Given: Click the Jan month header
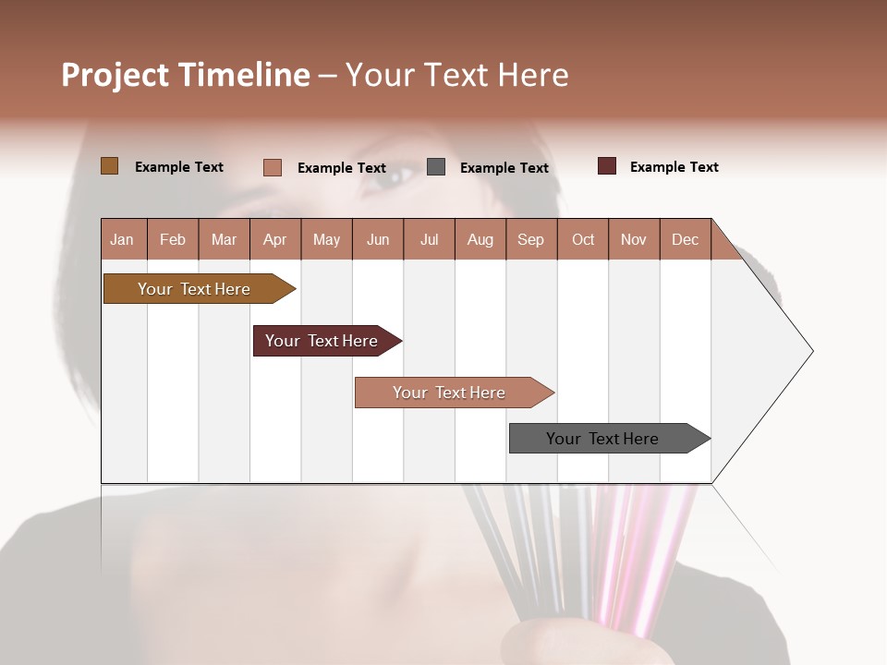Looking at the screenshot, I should (x=123, y=239).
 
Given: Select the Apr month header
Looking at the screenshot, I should (x=274, y=239).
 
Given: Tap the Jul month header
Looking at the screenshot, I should (x=429, y=239).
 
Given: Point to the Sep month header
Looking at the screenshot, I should (x=530, y=239).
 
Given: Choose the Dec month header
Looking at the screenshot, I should (x=685, y=239).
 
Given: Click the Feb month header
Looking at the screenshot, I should (x=173, y=239).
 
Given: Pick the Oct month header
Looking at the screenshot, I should (x=582, y=239).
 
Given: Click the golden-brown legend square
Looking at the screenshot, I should (x=109, y=166).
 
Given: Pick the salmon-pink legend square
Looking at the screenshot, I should (x=272, y=167).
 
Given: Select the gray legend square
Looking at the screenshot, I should (x=436, y=166).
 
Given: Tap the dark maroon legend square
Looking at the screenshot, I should (x=607, y=166).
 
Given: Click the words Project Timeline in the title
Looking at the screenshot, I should (x=185, y=75).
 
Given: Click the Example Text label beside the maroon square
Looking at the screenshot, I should (x=674, y=167).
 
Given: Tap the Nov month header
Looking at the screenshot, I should (x=634, y=239).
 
